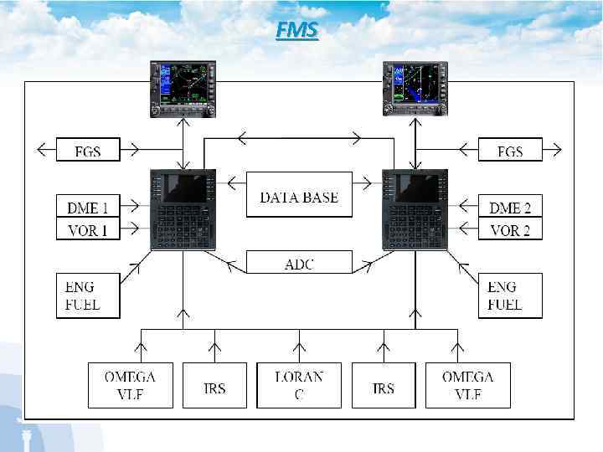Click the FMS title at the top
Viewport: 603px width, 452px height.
pyautogui.click(x=296, y=31)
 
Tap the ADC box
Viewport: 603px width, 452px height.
pyautogui.click(x=299, y=263)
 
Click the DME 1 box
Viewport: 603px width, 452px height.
pyautogui.click(x=88, y=206)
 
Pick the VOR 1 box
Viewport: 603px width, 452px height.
pyautogui.click(x=88, y=229)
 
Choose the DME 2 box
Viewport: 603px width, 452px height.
pyautogui.click(x=510, y=206)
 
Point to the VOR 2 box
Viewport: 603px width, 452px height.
pyautogui.click(x=510, y=229)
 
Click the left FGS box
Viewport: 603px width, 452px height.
pyautogui.click(x=88, y=150)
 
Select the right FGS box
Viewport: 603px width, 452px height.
pyautogui.click(x=510, y=150)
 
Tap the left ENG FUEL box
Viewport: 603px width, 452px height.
pyautogui.click(x=88, y=295)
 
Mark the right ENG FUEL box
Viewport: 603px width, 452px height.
pyautogui.click(x=510, y=295)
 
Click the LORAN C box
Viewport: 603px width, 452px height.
pyautogui.click(x=299, y=385)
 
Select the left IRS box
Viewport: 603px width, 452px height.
pyautogui.click(x=214, y=385)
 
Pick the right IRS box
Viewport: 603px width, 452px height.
pyautogui.click(x=384, y=385)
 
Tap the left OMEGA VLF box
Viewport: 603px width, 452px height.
pyautogui.click(x=130, y=385)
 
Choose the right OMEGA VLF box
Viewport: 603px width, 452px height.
pyautogui.click(x=468, y=385)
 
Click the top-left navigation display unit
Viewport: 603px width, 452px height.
pyautogui.click(x=183, y=89)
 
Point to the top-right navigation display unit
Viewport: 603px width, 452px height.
pyautogui.click(x=415, y=89)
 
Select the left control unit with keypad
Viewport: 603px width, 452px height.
pyautogui.click(x=183, y=209)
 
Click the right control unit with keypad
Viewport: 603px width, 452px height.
pyautogui.click(x=415, y=209)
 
